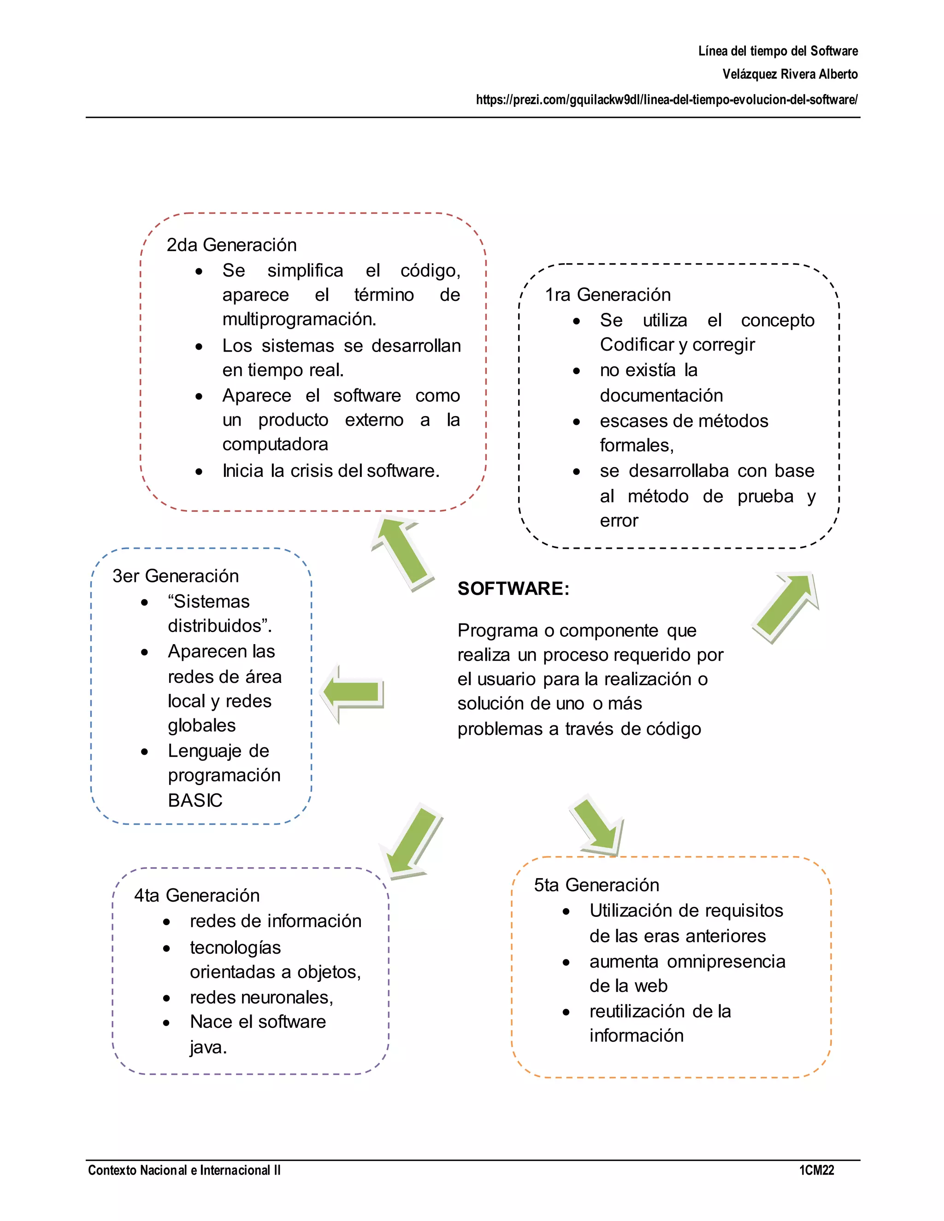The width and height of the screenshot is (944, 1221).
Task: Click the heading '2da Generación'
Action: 231,245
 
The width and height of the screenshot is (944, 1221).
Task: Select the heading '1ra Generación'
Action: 608,294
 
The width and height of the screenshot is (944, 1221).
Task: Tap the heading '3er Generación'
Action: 175,576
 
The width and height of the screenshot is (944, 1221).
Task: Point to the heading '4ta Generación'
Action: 197,895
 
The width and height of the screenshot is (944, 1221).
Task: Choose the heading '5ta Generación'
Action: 596,885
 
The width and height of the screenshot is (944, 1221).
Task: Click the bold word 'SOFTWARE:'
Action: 513,589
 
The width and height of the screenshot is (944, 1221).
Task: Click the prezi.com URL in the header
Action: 667,100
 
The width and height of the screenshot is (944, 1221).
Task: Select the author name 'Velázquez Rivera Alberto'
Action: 790,74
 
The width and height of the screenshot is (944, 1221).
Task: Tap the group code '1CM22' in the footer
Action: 816,1170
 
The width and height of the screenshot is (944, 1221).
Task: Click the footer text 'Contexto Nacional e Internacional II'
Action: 184,1170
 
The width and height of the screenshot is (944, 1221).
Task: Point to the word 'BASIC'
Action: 195,801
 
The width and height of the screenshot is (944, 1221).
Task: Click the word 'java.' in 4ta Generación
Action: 208,1047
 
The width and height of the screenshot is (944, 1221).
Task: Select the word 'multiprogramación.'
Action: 299,319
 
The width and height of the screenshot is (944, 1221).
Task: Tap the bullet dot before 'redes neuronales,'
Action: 167,998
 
